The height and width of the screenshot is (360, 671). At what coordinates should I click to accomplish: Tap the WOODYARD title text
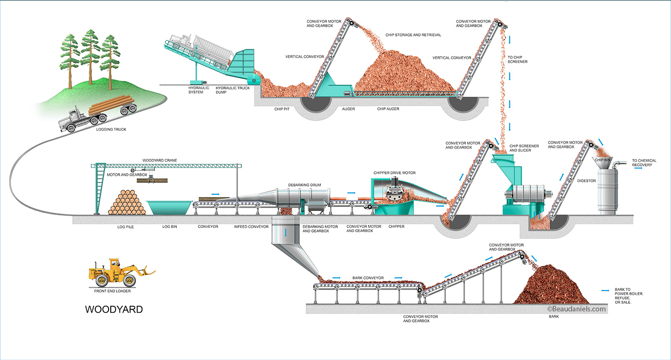(x=114, y=310)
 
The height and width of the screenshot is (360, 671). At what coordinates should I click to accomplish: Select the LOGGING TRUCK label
(x=111, y=129)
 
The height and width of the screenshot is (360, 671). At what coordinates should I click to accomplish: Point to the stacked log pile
(x=127, y=203)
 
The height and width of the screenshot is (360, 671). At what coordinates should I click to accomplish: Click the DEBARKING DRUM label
(x=304, y=185)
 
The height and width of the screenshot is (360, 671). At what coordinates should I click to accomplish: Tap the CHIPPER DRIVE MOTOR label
(x=395, y=173)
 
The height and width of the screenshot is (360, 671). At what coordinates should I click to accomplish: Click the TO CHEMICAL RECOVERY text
(x=644, y=163)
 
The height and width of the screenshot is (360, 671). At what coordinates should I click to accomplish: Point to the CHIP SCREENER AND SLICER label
(x=524, y=148)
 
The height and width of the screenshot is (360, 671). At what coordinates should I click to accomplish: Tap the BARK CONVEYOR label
(x=368, y=278)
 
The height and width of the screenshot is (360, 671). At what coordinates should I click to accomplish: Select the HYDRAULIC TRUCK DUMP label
(x=232, y=90)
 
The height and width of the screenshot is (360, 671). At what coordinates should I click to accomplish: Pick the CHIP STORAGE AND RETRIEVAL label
(x=413, y=35)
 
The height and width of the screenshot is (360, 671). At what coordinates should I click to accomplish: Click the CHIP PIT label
(x=282, y=109)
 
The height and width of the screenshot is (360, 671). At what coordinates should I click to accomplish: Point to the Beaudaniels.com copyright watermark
(x=577, y=309)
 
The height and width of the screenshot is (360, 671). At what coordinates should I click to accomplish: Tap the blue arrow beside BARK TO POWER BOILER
(x=605, y=290)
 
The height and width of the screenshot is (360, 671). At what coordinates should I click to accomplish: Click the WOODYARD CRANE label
(x=160, y=161)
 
